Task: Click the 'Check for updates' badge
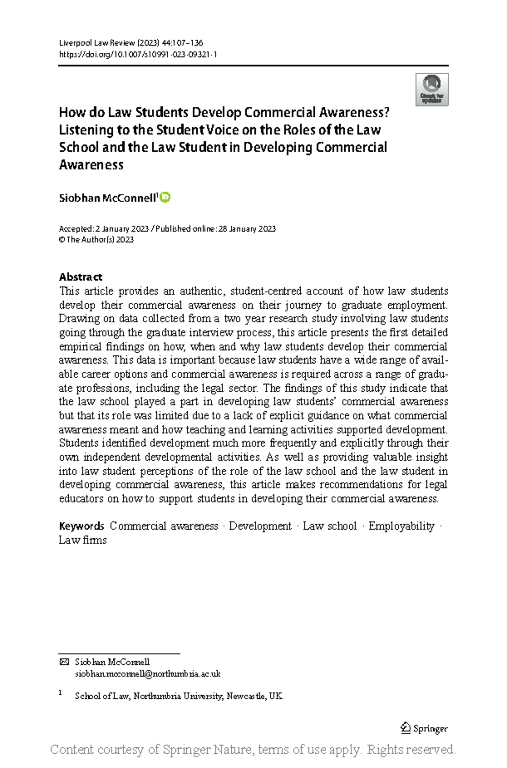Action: tap(431, 89)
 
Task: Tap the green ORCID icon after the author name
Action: tap(165, 197)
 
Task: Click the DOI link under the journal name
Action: tap(138, 54)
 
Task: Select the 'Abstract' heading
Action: tap(80, 277)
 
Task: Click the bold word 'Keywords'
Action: tap(82, 526)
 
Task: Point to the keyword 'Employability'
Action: tap(401, 526)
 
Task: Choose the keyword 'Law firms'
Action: tap(82, 540)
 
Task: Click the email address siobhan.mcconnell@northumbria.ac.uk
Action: tap(147, 674)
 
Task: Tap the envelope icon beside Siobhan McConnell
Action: tap(64, 662)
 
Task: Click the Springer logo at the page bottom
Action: tap(424, 728)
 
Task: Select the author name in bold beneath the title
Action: tap(107, 198)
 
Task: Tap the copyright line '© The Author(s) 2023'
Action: tap(96, 240)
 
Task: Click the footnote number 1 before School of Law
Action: tap(60, 693)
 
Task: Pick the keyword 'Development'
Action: tap(260, 526)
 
